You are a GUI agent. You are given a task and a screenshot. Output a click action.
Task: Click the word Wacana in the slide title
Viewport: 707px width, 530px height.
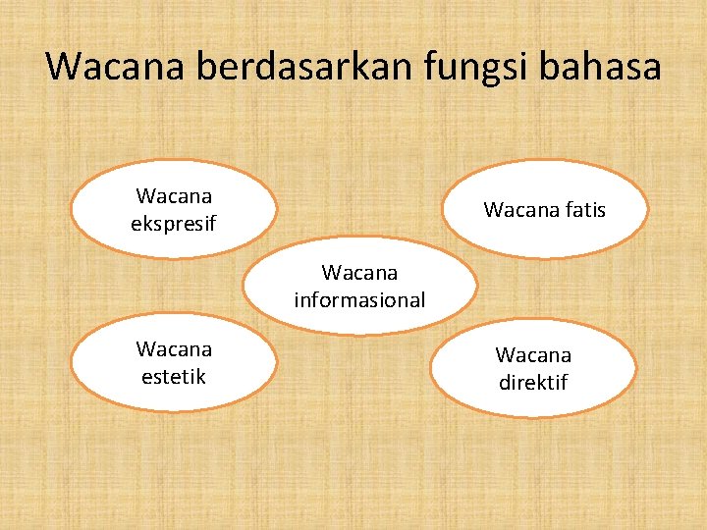(116, 67)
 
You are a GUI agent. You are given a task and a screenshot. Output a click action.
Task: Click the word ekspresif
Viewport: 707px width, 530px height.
(173, 225)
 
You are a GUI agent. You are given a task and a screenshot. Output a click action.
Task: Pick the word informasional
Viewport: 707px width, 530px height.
(359, 300)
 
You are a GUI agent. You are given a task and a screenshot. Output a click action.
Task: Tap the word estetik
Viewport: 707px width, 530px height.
(174, 376)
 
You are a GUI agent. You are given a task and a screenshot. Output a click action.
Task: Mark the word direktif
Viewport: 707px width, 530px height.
(533, 382)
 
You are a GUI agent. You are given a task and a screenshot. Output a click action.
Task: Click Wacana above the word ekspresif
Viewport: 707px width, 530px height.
(174, 196)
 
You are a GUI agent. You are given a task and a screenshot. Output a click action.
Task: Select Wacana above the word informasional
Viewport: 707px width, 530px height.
(359, 272)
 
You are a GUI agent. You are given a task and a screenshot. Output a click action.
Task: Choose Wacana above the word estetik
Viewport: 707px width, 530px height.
(174, 348)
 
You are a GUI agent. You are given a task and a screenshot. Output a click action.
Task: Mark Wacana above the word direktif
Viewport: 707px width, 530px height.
(533, 354)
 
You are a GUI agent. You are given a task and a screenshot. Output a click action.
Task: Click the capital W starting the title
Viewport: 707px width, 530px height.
(64, 67)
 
